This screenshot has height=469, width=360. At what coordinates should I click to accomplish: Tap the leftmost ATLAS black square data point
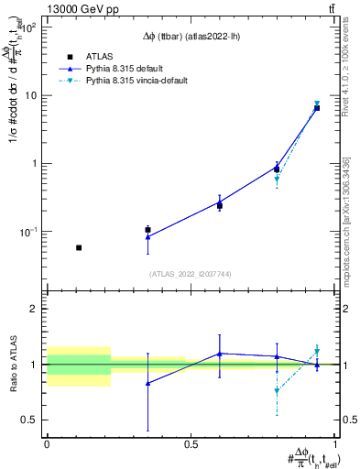(79, 247)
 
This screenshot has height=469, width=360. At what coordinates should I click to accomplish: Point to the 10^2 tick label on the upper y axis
(27, 27)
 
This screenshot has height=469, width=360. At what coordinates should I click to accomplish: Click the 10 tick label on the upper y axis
(30, 95)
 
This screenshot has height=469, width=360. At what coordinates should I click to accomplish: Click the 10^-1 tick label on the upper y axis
(27, 232)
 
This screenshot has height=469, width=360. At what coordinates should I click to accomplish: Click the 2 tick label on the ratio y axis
(33, 310)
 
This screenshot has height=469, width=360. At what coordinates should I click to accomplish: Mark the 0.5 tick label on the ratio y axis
(28, 420)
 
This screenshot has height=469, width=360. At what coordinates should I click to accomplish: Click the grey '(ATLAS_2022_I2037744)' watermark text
(191, 273)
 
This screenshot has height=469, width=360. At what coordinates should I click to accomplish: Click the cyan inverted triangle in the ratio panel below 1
(277, 391)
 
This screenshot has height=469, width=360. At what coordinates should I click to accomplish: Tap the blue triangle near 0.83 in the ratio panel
(147, 383)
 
